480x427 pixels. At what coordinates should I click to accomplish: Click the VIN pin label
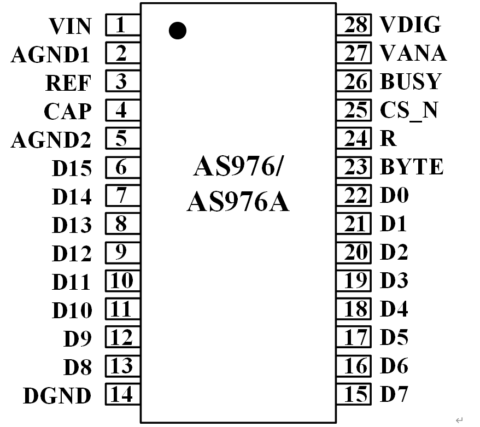[70, 26]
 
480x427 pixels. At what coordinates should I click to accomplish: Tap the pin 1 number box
[122, 25]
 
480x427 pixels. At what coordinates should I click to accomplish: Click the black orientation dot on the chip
[177, 31]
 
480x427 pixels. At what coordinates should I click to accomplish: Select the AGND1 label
[50, 55]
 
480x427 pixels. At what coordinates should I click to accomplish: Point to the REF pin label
[68, 83]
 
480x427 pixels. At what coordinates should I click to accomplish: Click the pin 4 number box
[122, 110]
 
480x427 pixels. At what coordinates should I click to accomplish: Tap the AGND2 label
[50, 140]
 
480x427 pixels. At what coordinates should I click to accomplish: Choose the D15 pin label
[72, 168]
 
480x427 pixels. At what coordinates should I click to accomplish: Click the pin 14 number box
[122, 394]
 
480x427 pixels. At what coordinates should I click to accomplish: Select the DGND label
[57, 396]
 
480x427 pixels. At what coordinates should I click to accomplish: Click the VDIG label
[410, 25]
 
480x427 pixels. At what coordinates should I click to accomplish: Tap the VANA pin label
[413, 53]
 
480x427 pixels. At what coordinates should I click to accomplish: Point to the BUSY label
[410, 81]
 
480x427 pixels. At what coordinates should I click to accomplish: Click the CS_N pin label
[409, 110]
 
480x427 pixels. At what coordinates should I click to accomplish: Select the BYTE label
[412, 167]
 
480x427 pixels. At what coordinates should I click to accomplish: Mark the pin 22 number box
[356, 195]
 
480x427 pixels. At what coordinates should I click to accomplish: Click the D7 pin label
[394, 394]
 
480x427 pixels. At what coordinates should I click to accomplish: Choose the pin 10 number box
[122, 281]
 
